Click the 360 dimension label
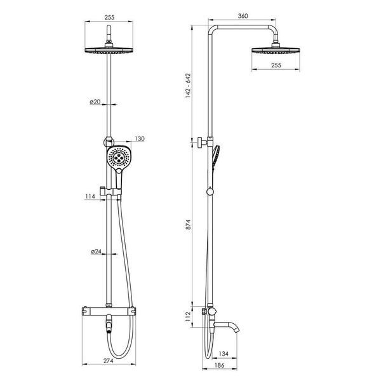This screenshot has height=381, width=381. click(x=243, y=16)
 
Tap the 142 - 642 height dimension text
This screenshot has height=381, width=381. click(x=188, y=86)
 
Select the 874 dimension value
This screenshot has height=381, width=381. click(x=189, y=225)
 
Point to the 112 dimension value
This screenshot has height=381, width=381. click(x=189, y=316)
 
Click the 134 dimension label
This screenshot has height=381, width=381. click(x=224, y=354)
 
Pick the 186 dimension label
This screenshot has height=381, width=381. click(x=220, y=365)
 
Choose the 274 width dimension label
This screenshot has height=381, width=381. click(x=109, y=361)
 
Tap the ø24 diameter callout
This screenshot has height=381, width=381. click(x=97, y=251)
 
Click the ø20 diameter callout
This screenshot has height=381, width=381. click(x=95, y=102)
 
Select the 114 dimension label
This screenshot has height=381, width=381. click(x=90, y=196)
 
